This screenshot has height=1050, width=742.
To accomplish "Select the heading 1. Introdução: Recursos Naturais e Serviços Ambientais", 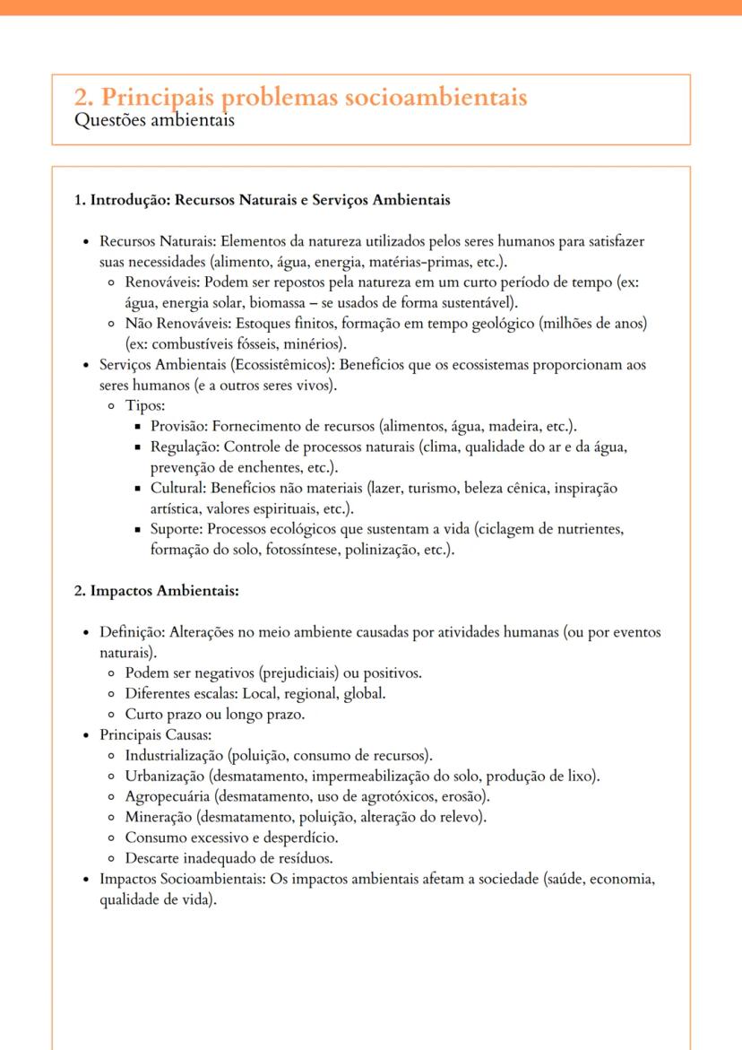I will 262,200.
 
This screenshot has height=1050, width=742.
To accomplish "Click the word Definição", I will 130,632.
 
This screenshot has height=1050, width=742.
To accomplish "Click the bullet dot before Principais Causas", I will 86,735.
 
